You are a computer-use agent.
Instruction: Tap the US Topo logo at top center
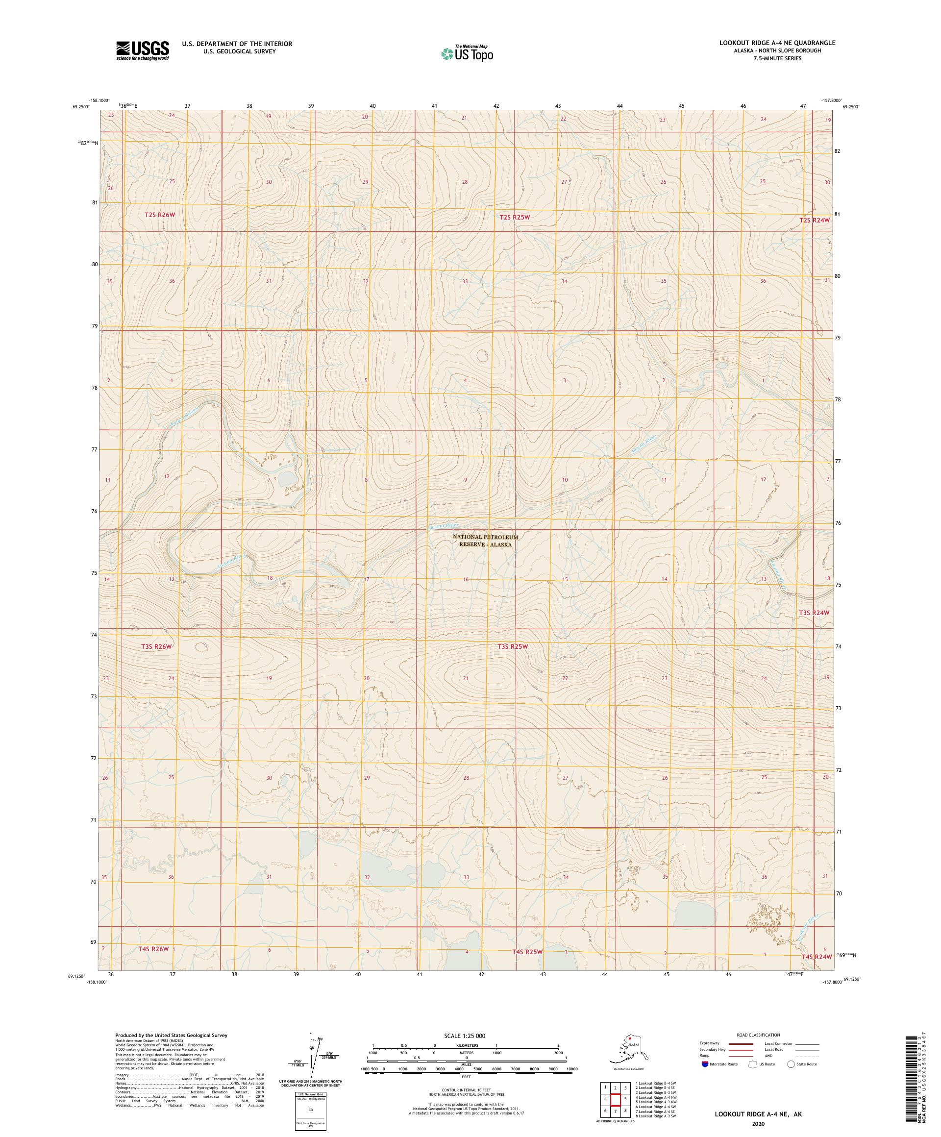(x=467, y=53)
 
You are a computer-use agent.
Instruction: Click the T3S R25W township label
(x=512, y=646)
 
